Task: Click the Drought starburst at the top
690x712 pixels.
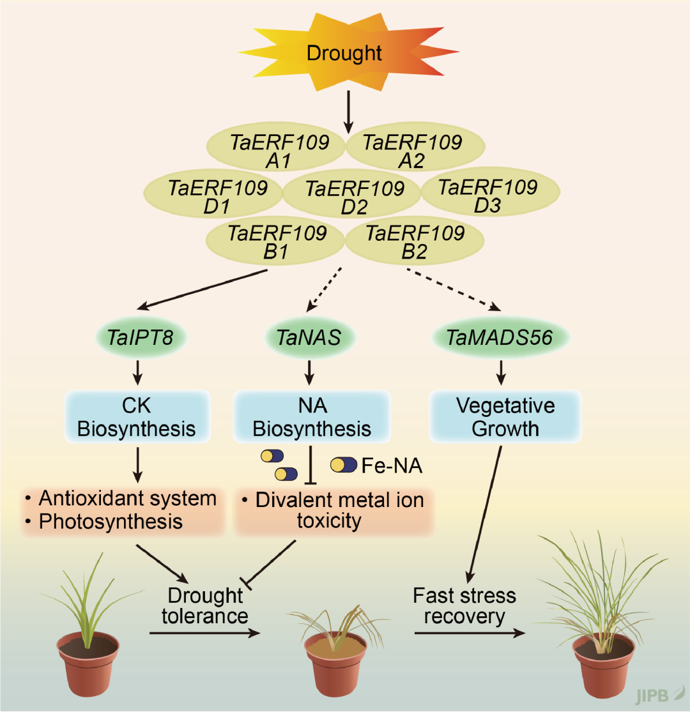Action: click(344, 52)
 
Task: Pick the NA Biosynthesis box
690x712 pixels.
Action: click(312, 417)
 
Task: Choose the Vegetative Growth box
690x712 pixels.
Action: click(505, 417)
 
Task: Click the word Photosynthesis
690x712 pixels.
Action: click(111, 521)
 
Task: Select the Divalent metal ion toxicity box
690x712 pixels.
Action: click(333, 510)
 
